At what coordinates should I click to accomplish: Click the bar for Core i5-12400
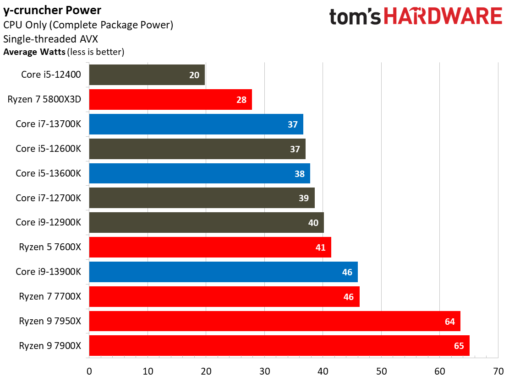point(147,75)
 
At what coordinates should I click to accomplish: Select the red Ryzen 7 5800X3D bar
point(170,99)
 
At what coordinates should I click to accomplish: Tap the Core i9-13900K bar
point(223,272)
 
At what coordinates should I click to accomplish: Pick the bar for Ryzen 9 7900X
point(279,345)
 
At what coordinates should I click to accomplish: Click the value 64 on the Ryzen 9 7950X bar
point(449,322)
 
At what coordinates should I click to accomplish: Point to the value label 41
point(320,247)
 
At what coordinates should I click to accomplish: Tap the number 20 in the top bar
point(194,75)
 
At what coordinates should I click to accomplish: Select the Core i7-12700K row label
point(48,198)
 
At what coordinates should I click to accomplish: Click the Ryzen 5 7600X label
point(50,247)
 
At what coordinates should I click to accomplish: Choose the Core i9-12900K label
point(48,223)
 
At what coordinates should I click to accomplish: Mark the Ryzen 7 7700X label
point(50,296)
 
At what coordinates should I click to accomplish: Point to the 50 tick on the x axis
point(381,370)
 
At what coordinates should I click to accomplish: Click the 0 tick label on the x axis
point(89,370)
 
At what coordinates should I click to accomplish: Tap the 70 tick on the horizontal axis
point(498,370)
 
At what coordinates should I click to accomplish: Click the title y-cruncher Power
point(52,10)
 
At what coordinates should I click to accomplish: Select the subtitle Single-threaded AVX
point(50,38)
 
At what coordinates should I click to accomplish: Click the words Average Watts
point(34,52)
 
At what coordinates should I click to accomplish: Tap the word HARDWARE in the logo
point(443,16)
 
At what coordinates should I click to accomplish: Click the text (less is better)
point(96,52)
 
